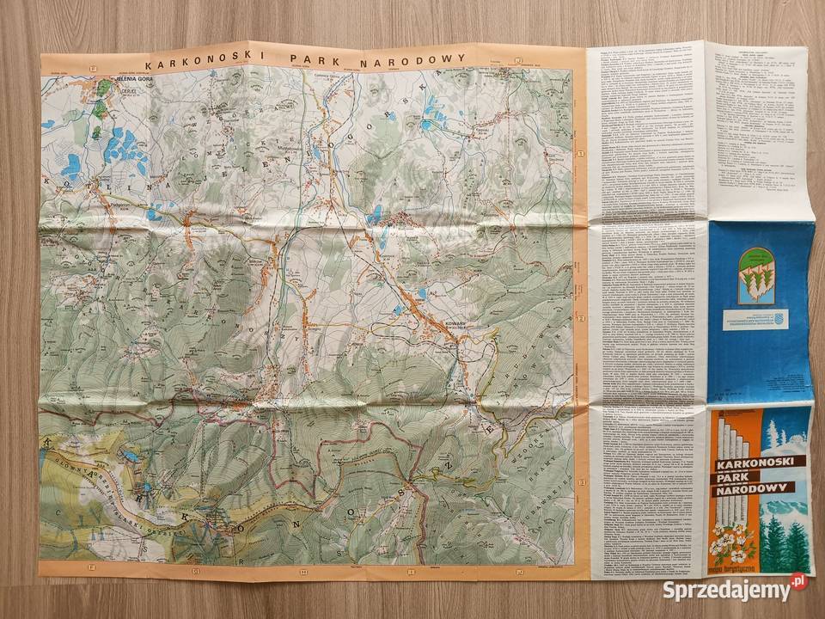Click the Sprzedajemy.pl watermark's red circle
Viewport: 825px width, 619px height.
click(x=798, y=582)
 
